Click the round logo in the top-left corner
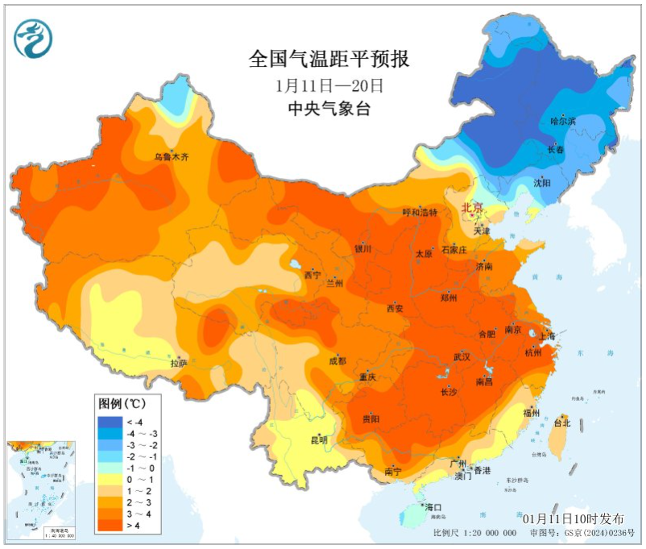(x=33, y=38)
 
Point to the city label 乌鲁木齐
(x=172, y=157)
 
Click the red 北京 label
(x=472, y=208)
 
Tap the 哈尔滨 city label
(x=563, y=122)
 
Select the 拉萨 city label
(x=178, y=364)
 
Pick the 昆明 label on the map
(x=319, y=440)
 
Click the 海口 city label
(x=434, y=508)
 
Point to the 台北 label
(x=561, y=423)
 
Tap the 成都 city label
(x=337, y=361)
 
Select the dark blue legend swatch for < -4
(x=109, y=421)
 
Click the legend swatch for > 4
(x=109, y=525)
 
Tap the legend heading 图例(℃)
(x=122, y=402)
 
